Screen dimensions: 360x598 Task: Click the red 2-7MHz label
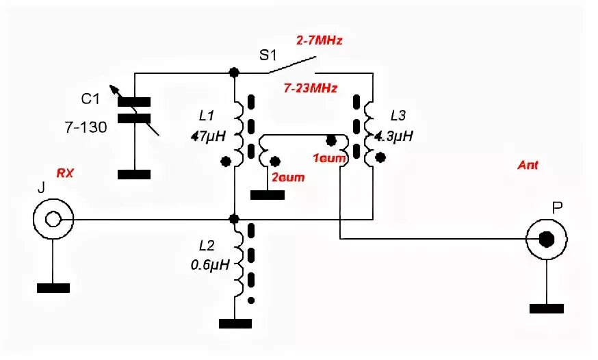pyautogui.click(x=318, y=40)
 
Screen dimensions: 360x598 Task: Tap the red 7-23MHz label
pyautogui.click(x=311, y=89)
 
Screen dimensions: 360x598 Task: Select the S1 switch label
pyautogui.click(x=268, y=54)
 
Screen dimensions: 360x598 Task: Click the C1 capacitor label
pyautogui.click(x=90, y=99)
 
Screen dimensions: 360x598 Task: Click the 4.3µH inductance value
pyautogui.click(x=394, y=136)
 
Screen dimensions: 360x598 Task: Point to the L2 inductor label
pyautogui.click(x=207, y=244)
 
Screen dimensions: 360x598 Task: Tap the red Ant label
pyautogui.click(x=528, y=165)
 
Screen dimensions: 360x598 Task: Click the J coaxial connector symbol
pyautogui.click(x=51, y=220)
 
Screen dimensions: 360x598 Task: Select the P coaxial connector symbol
pyautogui.click(x=547, y=239)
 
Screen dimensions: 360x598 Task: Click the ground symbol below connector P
pyautogui.click(x=547, y=308)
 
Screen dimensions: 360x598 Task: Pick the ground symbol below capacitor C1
pyautogui.click(x=134, y=174)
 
